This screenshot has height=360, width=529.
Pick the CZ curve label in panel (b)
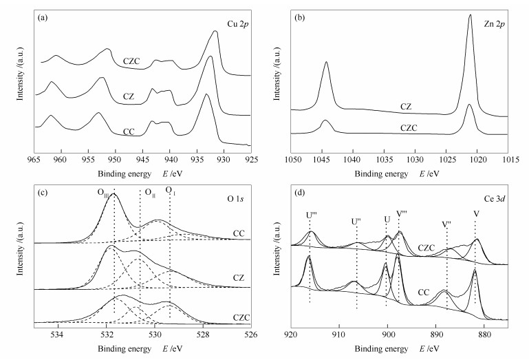[406, 107]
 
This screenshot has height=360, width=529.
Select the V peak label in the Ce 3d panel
[476, 214]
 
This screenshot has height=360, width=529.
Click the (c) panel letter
[43, 191]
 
